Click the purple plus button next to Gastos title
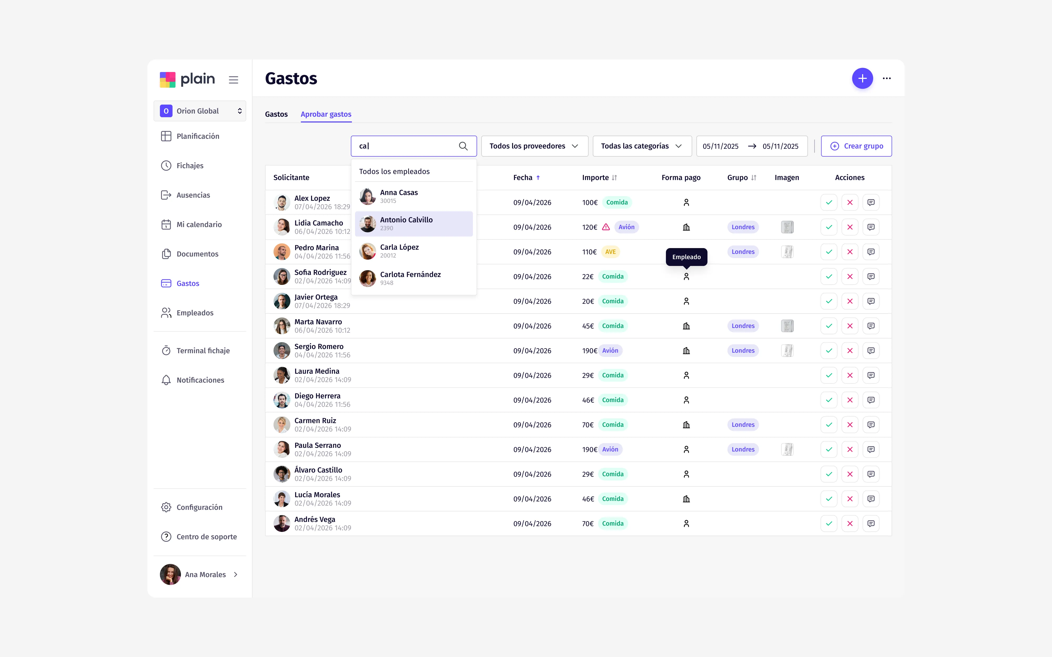[x=862, y=78]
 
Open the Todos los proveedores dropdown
[x=534, y=146]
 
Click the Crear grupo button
[x=856, y=146]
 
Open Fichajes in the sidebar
[x=190, y=166]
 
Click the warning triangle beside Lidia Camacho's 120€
[x=605, y=227]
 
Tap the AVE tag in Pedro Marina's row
[x=610, y=252]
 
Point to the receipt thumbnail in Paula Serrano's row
[x=787, y=449]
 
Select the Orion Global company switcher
[x=200, y=111]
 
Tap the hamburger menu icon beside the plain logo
[x=234, y=80]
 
